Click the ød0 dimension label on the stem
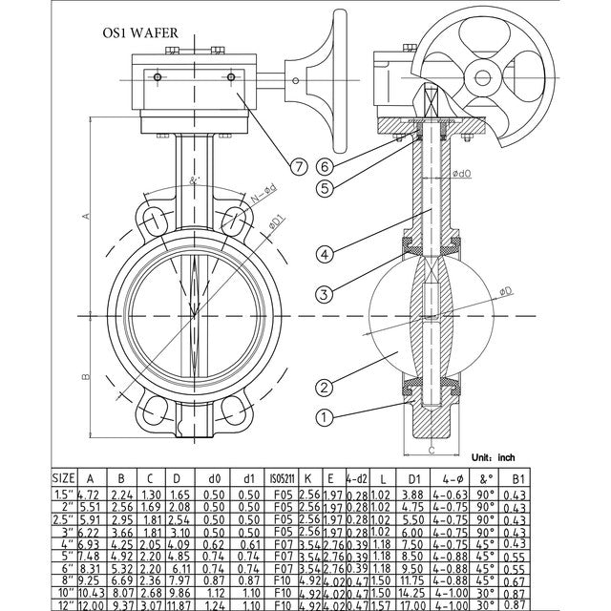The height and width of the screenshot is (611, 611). click(463, 174)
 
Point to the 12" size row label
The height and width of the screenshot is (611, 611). click(63, 605)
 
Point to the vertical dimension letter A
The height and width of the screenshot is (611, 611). click(84, 217)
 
